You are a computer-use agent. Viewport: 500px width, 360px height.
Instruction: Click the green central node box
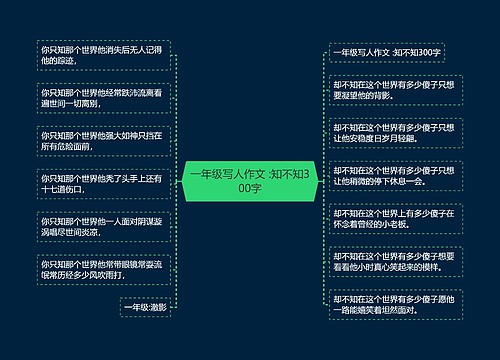pyautogui.click(x=249, y=179)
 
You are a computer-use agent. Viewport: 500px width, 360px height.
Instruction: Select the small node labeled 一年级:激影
pyautogui.click(x=145, y=308)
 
